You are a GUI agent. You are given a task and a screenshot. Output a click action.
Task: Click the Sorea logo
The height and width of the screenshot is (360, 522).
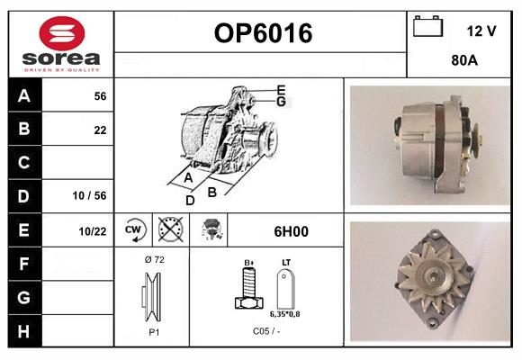point(61,43)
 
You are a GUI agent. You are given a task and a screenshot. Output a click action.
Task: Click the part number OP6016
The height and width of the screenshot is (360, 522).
point(263,33)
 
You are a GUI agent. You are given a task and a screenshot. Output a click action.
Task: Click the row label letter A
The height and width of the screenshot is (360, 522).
point(24,95)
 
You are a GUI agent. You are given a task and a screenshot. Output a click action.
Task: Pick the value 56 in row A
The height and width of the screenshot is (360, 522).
point(100,96)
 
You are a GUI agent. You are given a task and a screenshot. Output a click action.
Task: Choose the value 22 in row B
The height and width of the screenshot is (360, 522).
point(100,130)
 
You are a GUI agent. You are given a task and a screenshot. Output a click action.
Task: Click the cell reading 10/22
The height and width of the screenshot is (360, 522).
point(94,231)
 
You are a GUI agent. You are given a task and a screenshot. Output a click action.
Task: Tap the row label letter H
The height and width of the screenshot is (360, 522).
point(24,330)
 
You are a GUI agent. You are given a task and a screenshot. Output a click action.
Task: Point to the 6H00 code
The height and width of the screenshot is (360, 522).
point(290,231)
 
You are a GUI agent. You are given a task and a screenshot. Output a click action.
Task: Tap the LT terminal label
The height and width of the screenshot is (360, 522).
point(285,263)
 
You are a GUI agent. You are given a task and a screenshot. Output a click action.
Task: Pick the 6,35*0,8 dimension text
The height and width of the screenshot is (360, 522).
point(286,314)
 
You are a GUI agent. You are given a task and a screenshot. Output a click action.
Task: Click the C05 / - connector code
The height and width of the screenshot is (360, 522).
point(266,331)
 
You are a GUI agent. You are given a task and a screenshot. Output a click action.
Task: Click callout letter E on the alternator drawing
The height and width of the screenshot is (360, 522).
point(281,89)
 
